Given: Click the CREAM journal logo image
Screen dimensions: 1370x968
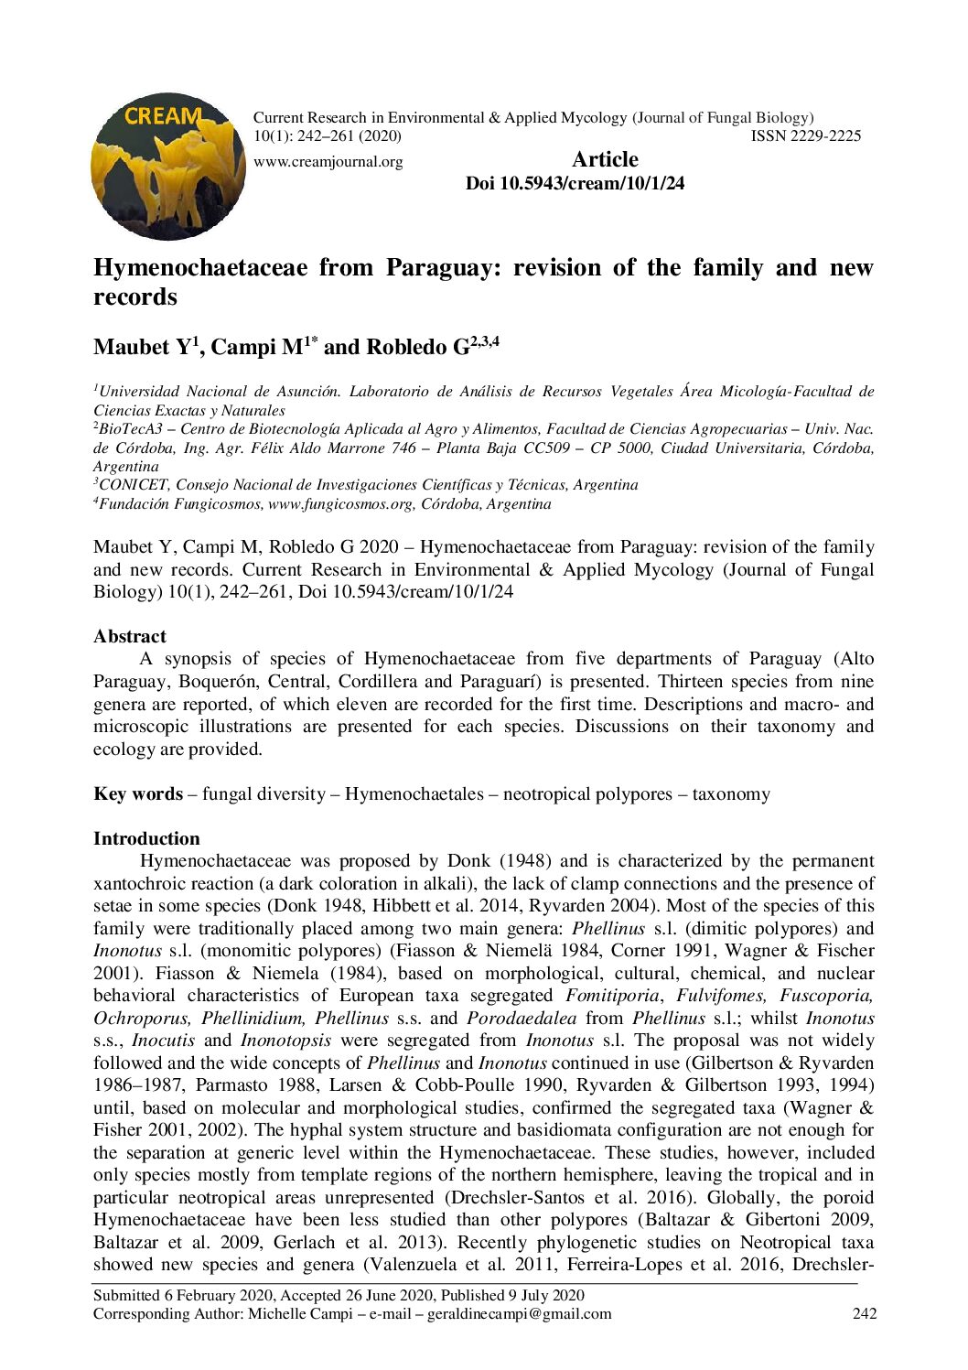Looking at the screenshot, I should (x=168, y=166).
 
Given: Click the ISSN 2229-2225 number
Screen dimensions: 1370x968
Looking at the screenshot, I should (x=805, y=136).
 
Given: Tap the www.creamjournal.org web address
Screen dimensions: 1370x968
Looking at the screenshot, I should (x=328, y=162).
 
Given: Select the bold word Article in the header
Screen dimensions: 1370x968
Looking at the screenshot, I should (x=605, y=159).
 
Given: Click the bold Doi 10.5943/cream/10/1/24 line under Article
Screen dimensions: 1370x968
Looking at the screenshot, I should (x=575, y=183).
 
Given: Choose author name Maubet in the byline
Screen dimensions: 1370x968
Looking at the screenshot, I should (x=132, y=348).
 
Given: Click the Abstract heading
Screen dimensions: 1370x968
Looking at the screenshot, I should (x=130, y=637).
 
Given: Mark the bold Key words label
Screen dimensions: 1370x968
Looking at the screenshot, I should (x=137, y=794).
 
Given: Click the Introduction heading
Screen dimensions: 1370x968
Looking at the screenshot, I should (x=146, y=839).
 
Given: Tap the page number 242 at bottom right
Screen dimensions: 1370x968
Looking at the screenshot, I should (x=865, y=1314).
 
